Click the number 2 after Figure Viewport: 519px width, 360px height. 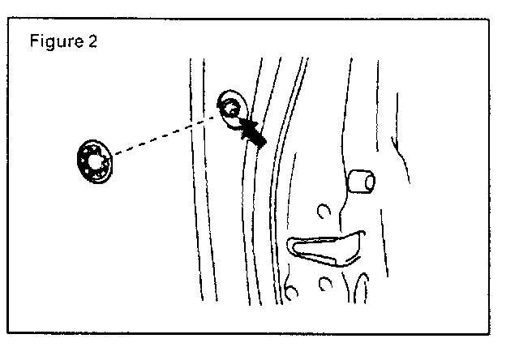pyautogui.click(x=92, y=42)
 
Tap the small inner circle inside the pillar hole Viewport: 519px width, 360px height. pyautogui.click(x=233, y=106)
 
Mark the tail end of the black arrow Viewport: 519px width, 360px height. pyautogui.click(x=261, y=142)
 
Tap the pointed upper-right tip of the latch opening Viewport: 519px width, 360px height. pyautogui.click(x=359, y=236)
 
